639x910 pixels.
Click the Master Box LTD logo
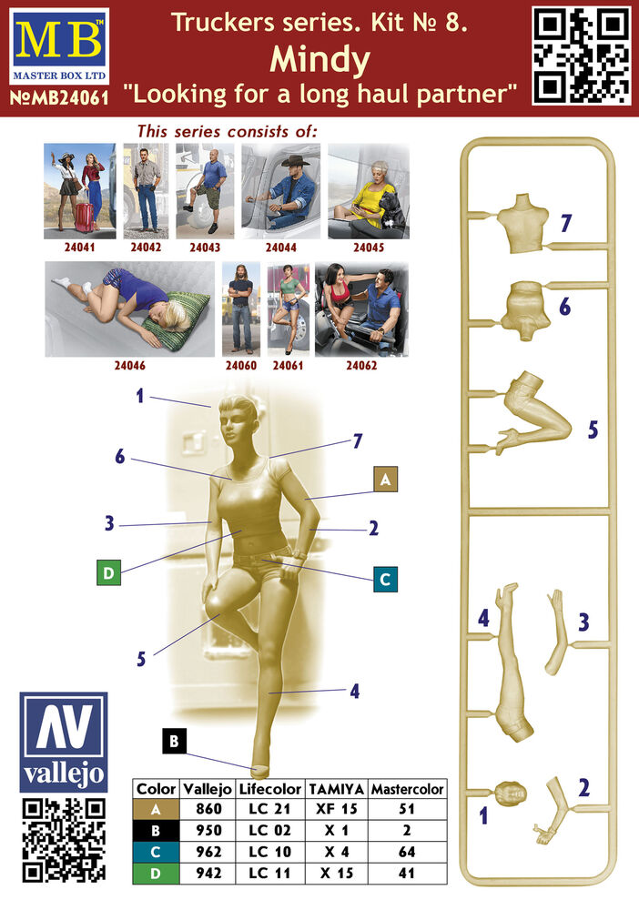tap(59, 46)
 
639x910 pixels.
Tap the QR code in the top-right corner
tap(582, 56)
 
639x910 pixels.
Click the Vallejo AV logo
tap(63, 742)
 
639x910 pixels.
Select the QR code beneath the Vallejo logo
tap(64, 840)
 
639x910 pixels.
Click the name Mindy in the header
tap(319, 59)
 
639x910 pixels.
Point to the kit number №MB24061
tap(59, 97)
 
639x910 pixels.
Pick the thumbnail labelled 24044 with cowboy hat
tap(281, 191)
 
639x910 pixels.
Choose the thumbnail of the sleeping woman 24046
tap(129, 308)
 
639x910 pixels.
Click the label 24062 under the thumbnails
tap(361, 365)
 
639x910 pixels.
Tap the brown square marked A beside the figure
tap(385, 480)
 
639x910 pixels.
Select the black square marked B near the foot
tap(174, 741)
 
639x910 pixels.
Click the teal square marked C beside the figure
tap(385, 579)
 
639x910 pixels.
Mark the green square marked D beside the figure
tap(108, 572)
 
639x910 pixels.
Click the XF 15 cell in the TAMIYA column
tap(337, 808)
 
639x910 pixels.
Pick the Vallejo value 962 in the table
tap(208, 852)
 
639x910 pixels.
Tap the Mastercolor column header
tap(408, 789)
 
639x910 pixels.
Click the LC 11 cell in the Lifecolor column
tap(269, 873)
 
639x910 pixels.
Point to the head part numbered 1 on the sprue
tap(511, 794)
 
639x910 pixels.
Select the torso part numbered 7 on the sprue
tap(522, 223)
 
